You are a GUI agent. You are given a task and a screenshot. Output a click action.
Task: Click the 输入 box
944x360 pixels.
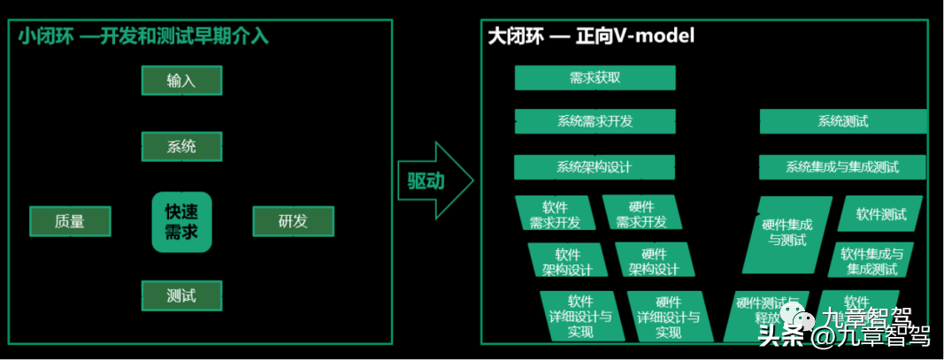[x=181, y=80]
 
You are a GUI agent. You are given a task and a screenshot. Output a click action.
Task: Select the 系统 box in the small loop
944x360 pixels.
[x=181, y=147]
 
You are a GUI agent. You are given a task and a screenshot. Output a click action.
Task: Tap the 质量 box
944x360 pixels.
[x=70, y=221]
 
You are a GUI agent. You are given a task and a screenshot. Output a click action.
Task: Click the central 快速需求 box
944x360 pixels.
[x=181, y=222]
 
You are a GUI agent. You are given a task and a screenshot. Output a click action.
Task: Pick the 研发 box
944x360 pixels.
[x=293, y=221]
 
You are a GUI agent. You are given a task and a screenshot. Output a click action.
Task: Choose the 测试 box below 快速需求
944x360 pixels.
[x=181, y=295]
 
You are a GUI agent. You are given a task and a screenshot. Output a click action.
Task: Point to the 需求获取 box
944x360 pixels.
[x=595, y=78]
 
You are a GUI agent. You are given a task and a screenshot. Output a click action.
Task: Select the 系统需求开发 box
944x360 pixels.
[x=595, y=121]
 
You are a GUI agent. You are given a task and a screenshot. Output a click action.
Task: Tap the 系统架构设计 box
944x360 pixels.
[x=594, y=166]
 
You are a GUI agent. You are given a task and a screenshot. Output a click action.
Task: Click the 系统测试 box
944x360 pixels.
[x=842, y=121]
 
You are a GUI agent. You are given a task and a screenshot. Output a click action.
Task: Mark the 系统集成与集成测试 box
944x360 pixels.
[x=841, y=166]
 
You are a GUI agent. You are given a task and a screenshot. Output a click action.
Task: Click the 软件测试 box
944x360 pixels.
[x=881, y=214]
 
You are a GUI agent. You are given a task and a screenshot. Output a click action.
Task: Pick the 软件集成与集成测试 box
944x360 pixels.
[x=872, y=261]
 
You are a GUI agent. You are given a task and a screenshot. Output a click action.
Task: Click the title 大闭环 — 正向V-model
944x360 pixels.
[x=591, y=36]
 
